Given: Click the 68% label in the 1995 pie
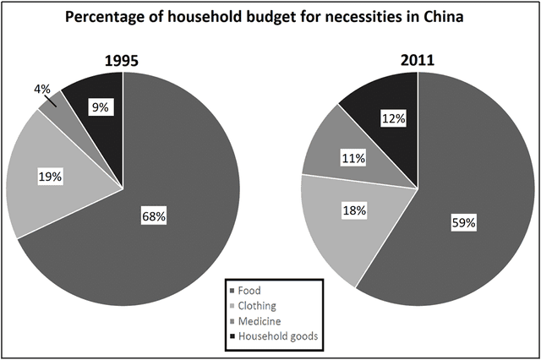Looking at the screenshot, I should (x=154, y=216).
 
